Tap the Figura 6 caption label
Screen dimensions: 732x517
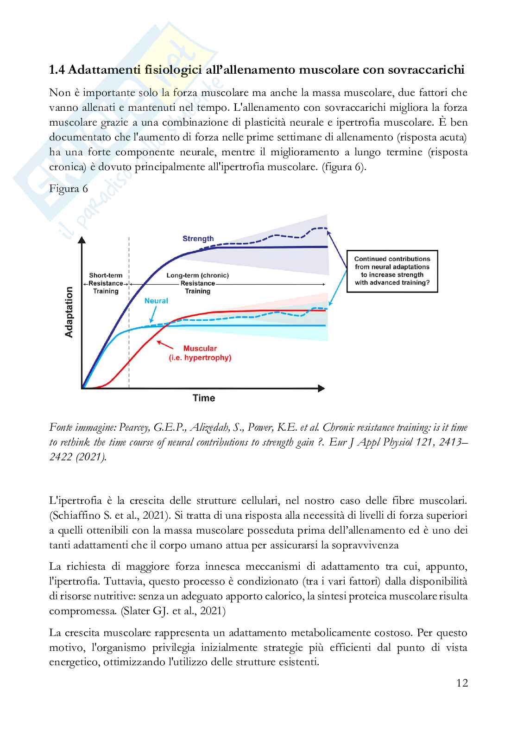(68, 189)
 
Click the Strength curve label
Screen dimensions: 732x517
(198, 239)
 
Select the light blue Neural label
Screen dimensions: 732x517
(156, 301)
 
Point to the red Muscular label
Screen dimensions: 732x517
(200, 349)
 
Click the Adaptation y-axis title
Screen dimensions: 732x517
(69, 312)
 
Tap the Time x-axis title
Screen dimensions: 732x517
(204, 398)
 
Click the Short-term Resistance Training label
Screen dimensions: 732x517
(106, 283)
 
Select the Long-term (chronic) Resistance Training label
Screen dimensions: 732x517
(198, 283)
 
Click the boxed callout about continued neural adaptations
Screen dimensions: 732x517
(392, 271)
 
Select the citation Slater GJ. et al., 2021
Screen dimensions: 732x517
(173, 611)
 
